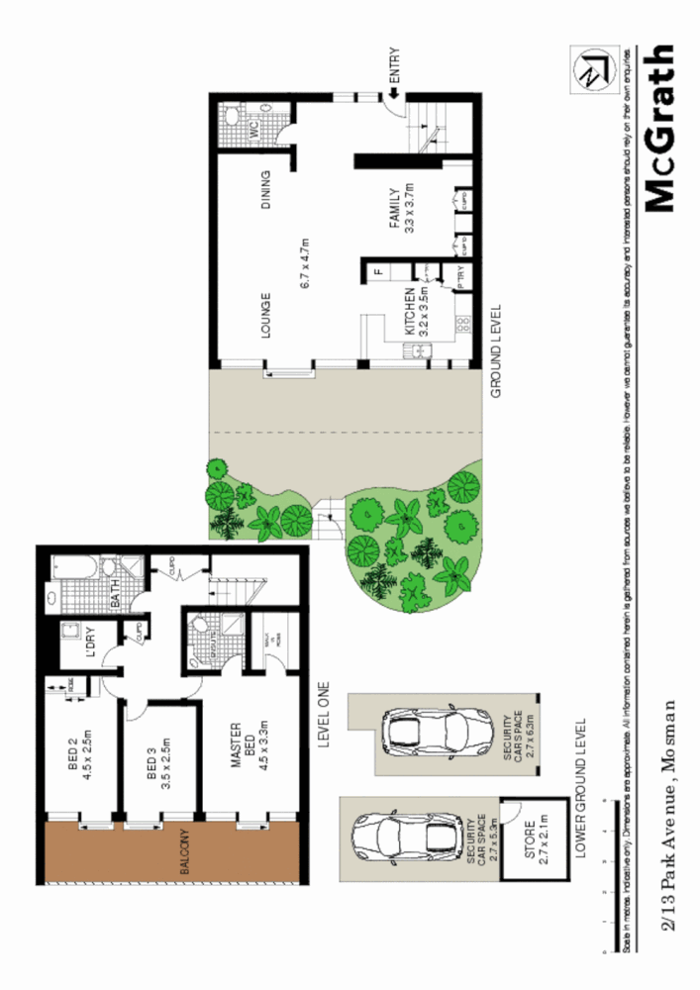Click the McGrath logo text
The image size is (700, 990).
[659, 128]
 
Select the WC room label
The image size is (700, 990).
[253, 129]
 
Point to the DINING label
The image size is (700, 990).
[265, 193]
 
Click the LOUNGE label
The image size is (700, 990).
[265, 315]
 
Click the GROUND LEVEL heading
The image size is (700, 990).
[497, 351]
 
